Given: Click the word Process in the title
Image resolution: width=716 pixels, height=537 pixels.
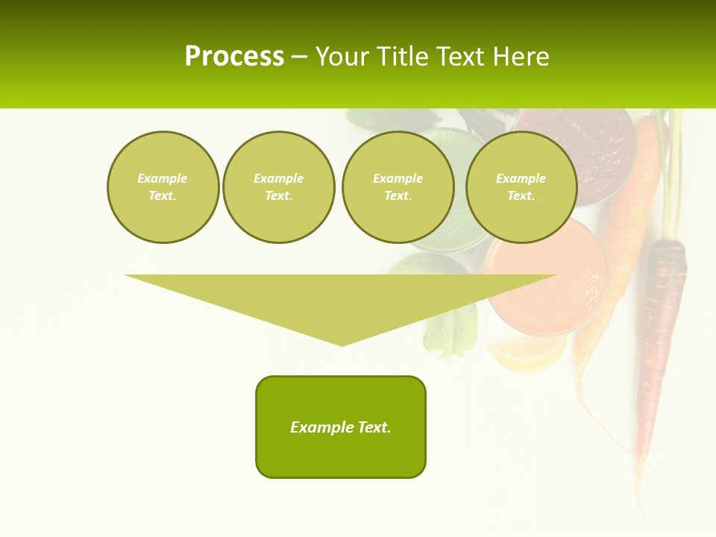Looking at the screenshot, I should click(234, 57).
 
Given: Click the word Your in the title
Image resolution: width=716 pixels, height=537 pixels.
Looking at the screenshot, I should click(343, 57).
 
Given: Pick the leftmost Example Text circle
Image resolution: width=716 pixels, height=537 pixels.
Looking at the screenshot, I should click(163, 187).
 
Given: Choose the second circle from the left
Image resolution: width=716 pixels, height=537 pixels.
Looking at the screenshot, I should click(279, 187).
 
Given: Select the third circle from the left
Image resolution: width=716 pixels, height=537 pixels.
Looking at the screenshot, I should click(398, 187).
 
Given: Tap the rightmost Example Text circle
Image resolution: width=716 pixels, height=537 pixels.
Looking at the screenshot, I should click(521, 187).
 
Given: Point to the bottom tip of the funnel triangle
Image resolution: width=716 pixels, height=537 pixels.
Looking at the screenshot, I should click(342, 345).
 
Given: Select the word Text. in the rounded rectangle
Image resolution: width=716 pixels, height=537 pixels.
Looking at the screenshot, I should click(374, 427).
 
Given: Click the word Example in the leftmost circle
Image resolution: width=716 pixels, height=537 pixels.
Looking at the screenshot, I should click(163, 178).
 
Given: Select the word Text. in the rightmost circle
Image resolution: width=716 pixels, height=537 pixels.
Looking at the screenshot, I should click(521, 196).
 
